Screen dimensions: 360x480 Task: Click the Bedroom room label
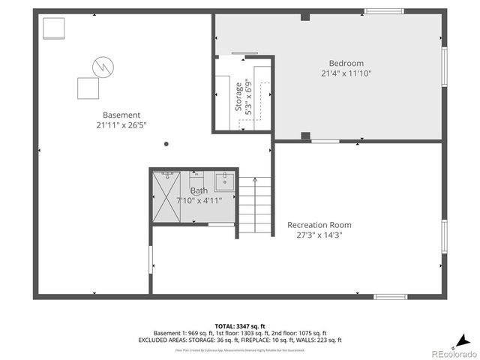(346, 63)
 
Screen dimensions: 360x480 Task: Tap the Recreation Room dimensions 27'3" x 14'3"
(319, 235)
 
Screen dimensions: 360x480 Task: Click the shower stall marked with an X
(166, 196)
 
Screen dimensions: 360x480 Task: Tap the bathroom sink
(225, 181)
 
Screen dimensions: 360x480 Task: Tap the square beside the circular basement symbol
(89, 88)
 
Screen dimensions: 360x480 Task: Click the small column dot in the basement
(166, 144)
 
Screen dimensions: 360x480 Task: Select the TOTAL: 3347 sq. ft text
(240, 325)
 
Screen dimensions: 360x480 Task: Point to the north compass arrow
(464, 337)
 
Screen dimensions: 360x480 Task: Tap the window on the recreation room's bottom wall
(390, 297)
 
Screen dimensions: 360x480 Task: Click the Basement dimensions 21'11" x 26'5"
(121, 125)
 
